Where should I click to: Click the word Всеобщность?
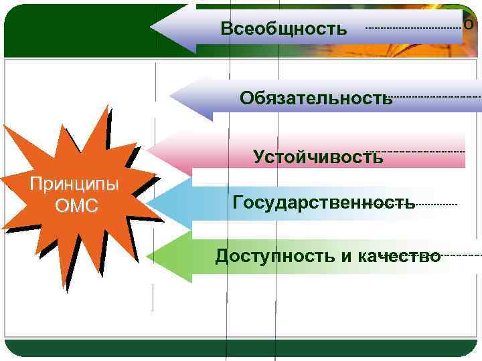click(x=284, y=29)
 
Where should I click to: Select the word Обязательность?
click(x=316, y=99)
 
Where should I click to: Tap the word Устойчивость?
click(x=318, y=157)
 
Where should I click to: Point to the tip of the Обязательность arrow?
click(x=172, y=98)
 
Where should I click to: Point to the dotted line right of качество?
click(x=462, y=255)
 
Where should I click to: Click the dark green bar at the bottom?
click(x=241, y=348)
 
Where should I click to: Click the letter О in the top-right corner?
click(x=469, y=24)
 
